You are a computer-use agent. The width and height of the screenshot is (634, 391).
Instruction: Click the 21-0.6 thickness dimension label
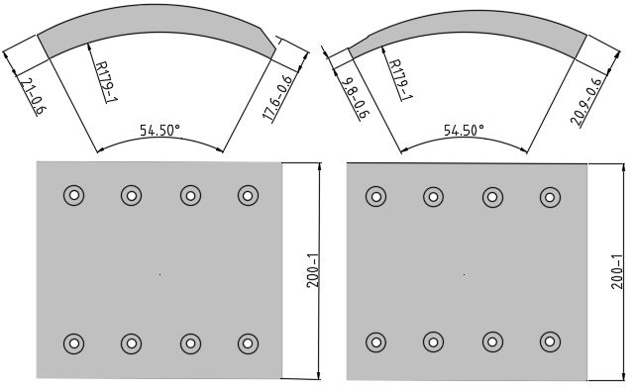coord(33,96)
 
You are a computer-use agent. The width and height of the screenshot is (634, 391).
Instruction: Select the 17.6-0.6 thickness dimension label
coord(278,97)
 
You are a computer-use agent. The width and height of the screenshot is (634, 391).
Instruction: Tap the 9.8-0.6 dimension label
coord(355,98)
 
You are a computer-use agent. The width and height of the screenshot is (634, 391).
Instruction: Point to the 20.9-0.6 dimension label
coord(586,101)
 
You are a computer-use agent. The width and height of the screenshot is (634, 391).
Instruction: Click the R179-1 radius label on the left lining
coord(106,81)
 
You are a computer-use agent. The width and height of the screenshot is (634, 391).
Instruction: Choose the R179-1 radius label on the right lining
coord(400,80)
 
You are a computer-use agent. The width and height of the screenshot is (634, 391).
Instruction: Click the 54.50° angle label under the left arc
coord(159,131)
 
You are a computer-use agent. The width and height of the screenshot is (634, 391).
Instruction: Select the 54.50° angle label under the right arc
coord(464,131)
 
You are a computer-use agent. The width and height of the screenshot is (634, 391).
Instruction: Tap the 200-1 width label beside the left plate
coord(313,271)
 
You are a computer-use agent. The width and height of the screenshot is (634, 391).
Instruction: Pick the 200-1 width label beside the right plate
coord(617,272)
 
